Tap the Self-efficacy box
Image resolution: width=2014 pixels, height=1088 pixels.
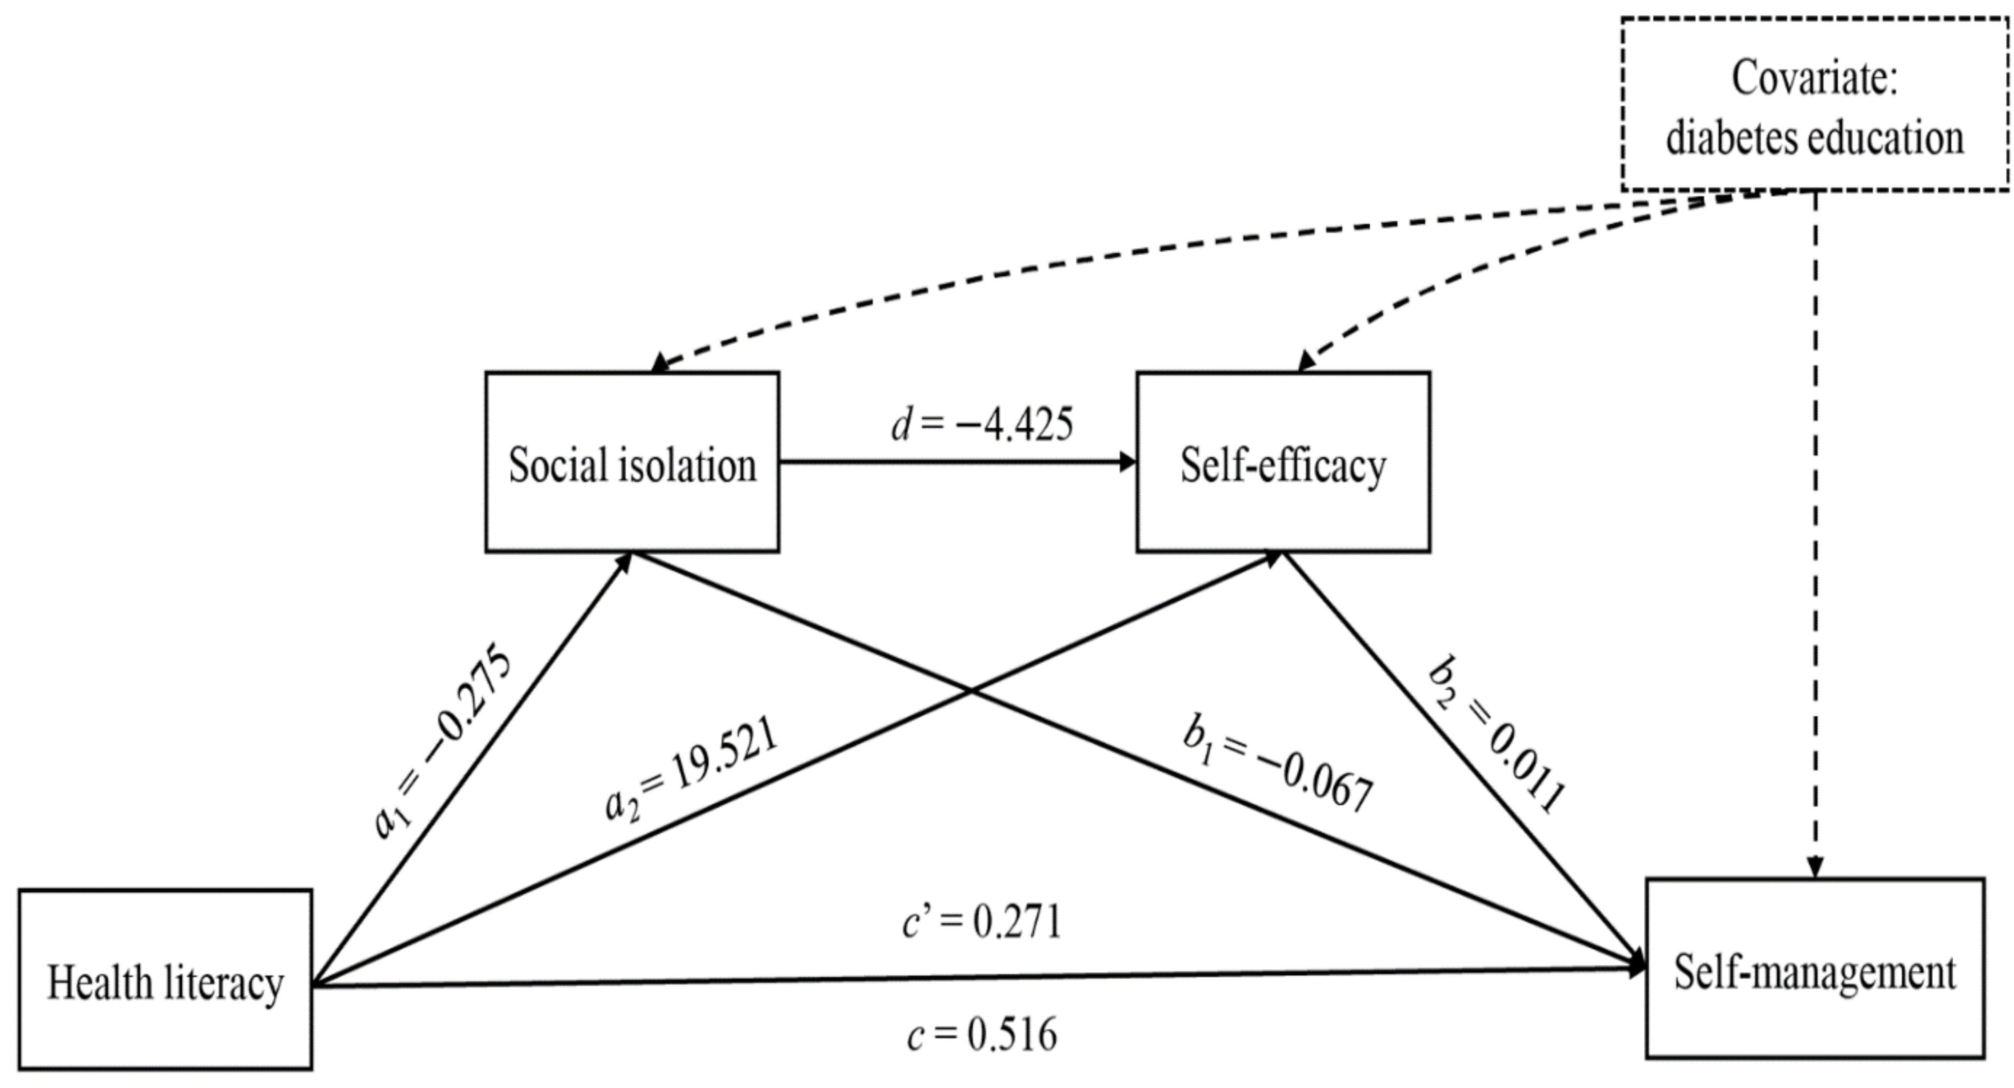tap(1283, 463)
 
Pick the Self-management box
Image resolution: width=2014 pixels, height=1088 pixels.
tap(1815, 969)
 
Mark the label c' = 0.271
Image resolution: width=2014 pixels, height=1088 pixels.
tap(982, 922)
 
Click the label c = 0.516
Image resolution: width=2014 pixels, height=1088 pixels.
tap(982, 1035)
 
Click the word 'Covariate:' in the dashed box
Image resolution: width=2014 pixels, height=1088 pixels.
tap(1814, 78)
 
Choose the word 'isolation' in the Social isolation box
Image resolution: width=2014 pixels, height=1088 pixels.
tap(688, 465)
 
